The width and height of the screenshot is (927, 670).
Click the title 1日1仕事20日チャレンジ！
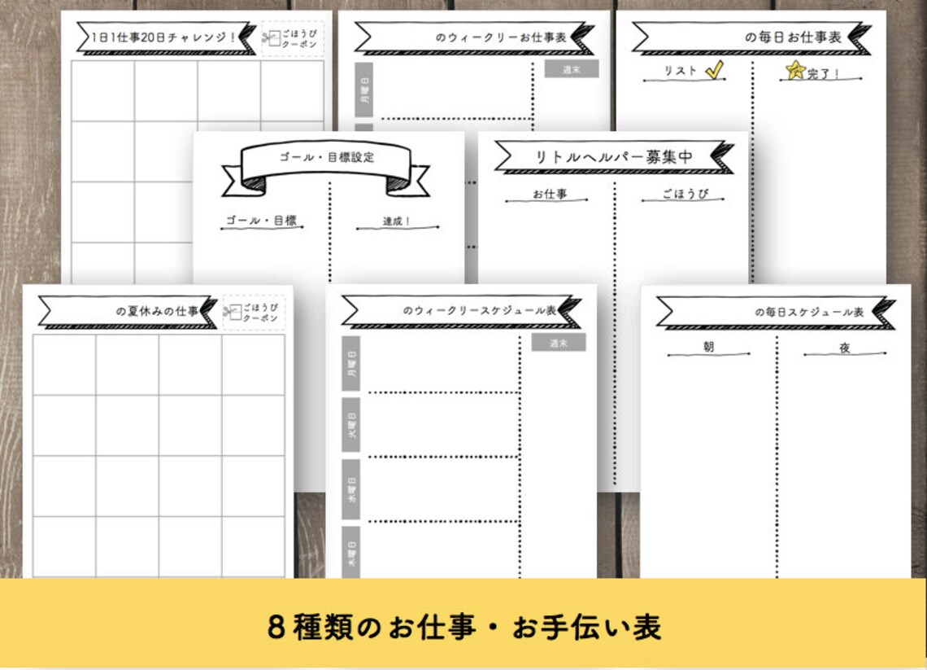164,37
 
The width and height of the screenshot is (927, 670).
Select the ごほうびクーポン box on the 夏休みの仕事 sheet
255,313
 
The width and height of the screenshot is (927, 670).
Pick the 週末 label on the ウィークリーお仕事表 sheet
572,69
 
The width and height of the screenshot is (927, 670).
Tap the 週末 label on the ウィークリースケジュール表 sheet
558,343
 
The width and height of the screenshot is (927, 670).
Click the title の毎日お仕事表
793,37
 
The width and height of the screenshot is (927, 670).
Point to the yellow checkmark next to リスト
714,71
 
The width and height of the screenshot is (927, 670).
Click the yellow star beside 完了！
794,72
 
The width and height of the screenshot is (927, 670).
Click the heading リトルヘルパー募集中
614,156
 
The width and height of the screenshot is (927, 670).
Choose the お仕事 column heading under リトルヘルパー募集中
550,195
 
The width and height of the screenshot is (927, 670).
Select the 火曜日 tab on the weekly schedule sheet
351,424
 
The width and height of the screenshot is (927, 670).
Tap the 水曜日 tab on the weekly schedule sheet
351,488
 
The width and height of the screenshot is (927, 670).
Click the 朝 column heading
708,348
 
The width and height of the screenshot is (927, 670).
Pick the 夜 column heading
844,348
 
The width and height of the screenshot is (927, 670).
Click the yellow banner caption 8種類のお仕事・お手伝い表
463,626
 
